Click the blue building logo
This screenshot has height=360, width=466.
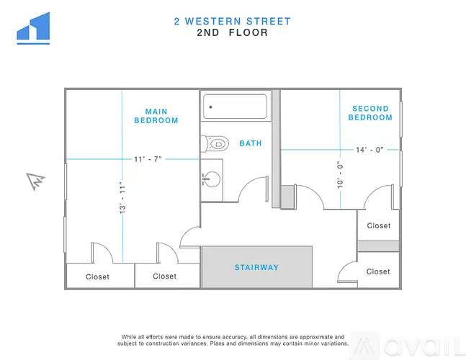(x=33, y=28)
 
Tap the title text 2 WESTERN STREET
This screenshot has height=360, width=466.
(x=232, y=22)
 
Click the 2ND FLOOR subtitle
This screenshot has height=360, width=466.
(x=233, y=32)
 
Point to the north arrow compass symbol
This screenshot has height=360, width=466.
(x=36, y=181)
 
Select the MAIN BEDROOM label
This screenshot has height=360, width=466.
(x=156, y=116)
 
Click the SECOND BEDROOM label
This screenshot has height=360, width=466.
(x=370, y=113)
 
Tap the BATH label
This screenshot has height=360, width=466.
(x=251, y=143)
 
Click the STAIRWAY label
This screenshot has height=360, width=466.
(x=257, y=267)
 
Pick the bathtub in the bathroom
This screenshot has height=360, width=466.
(x=235, y=107)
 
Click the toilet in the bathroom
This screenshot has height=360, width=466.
(x=215, y=144)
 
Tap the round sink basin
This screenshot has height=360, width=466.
(x=212, y=179)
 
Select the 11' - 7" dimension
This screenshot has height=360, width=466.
(x=148, y=159)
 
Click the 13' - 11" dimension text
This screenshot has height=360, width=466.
(x=122, y=197)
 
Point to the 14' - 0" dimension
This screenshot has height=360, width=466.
(x=369, y=150)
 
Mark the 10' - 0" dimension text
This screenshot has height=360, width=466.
(x=340, y=175)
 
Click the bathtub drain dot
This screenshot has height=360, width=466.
(x=211, y=107)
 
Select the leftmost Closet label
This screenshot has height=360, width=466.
(x=97, y=276)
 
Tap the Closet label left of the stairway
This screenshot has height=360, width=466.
(x=165, y=276)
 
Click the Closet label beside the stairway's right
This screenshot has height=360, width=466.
(x=378, y=271)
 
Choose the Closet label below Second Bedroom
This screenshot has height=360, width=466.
(x=379, y=226)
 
